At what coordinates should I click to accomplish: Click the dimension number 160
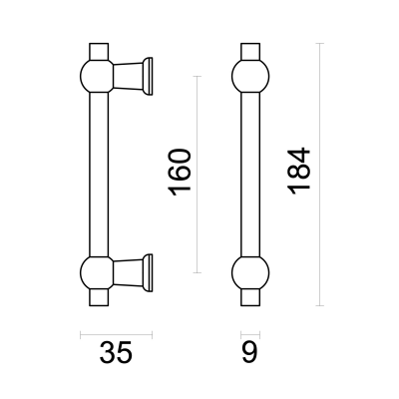(180, 173)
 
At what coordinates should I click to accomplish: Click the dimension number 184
(299, 171)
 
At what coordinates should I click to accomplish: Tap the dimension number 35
(116, 352)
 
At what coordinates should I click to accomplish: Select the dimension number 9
(249, 352)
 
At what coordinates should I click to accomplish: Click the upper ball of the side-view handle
(97, 76)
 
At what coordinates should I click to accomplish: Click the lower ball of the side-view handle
(97, 273)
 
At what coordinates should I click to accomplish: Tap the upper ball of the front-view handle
(250, 76)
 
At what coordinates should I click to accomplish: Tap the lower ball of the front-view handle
(250, 273)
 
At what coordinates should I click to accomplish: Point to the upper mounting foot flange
(148, 76)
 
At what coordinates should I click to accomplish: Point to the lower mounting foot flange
(148, 273)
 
